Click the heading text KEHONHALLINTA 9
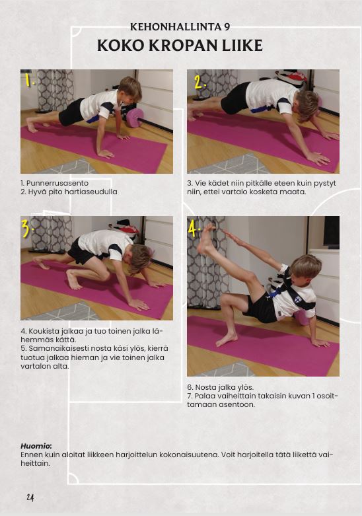coord(180,27)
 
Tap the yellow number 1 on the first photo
coord(30,80)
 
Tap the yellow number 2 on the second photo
coord(199,83)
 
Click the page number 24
coord(30,498)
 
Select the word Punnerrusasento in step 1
coord(57,183)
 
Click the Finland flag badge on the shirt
coord(297,300)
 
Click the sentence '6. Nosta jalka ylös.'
coord(221,387)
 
